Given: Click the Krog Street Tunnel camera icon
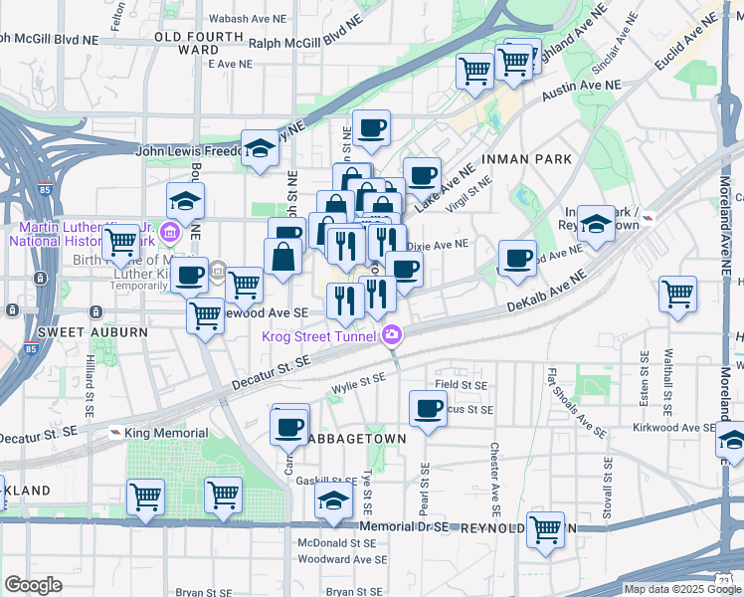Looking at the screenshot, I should click(393, 336).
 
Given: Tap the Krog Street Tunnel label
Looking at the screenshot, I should click(318, 336).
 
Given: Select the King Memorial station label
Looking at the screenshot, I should click(166, 433).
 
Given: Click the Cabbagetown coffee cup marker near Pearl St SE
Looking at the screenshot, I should click(429, 408).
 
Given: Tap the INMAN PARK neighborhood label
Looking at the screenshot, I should click(526, 159).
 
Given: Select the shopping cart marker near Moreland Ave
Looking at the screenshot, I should click(677, 295).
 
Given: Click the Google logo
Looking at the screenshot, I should click(34, 584).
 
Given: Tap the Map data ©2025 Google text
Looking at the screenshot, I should click(682, 589).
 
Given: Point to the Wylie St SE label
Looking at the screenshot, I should click(358, 379).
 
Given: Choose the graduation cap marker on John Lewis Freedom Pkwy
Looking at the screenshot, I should click(260, 149).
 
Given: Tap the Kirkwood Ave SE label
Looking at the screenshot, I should click(673, 427).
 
